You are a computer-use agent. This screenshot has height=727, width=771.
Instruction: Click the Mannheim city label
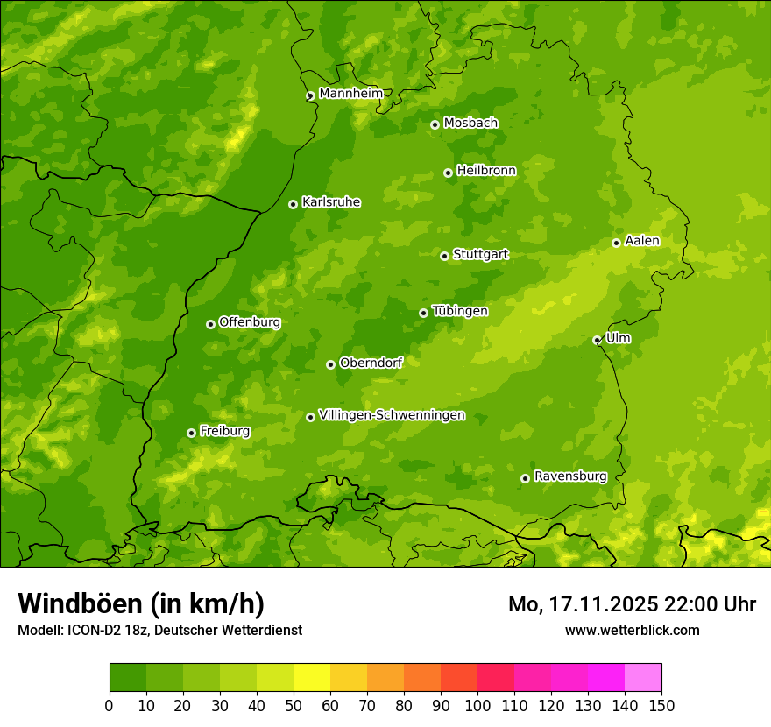pyautogui.click(x=350, y=94)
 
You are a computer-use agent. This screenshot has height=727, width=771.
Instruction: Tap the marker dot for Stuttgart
pyautogui.click(x=444, y=256)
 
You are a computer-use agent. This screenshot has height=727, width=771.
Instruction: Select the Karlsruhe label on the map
pyautogui.click(x=330, y=202)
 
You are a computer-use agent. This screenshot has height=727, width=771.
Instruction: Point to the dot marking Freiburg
pyautogui.click(x=191, y=433)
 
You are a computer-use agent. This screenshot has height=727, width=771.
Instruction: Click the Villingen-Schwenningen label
pyautogui.click(x=392, y=415)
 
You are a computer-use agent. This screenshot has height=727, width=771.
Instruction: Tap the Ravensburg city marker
pyautogui.click(x=525, y=478)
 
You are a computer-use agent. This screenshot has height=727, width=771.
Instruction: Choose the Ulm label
pyautogui.click(x=618, y=338)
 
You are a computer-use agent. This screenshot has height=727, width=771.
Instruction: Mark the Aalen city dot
pyautogui.click(x=616, y=243)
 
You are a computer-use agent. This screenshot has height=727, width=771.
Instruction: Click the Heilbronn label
pyautogui.click(x=486, y=171)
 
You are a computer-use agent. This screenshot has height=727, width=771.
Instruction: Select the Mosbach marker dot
pyautogui.click(x=435, y=124)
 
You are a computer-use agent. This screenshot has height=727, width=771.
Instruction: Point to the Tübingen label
pyautogui.click(x=460, y=311)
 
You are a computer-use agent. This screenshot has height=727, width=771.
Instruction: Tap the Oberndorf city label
pyautogui.click(x=371, y=363)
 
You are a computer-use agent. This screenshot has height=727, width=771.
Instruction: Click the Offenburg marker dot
pyautogui.click(x=210, y=324)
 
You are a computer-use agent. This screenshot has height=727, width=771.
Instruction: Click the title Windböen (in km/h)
pyautogui.click(x=141, y=603)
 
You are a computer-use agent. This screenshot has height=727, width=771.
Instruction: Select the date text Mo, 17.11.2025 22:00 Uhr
pyautogui.click(x=632, y=604)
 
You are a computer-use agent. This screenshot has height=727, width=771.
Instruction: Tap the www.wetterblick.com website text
pyautogui.click(x=632, y=630)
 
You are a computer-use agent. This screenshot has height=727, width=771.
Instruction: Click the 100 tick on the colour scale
pyautogui.click(x=477, y=706)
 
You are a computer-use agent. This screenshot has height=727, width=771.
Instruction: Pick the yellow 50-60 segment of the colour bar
pyautogui.click(x=312, y=678)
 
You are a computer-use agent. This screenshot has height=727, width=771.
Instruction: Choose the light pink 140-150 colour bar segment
pyautogui.click(x=643, y=678)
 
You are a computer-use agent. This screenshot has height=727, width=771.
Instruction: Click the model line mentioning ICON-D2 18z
pyautogui.click(x=159, y=630)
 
